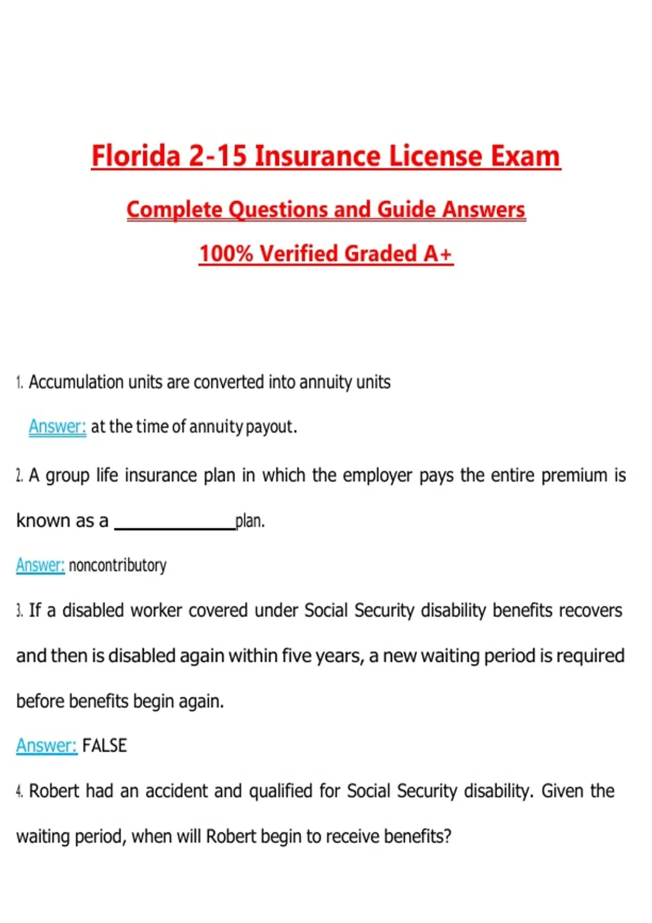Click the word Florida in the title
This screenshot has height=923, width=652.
click(135, 156)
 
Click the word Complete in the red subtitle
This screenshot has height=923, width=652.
click(174, 210)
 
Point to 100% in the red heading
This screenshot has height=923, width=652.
click(226, 254)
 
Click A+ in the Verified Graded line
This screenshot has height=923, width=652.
click(438, 254)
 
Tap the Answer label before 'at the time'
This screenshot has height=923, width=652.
click(57, 427)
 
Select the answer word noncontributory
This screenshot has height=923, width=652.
click(117, 566)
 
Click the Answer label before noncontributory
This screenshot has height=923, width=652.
click(40, 565)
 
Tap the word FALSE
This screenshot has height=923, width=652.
click(104, 745)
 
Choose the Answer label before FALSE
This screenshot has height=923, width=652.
click(46, 745)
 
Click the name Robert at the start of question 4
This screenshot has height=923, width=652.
click(54, 791)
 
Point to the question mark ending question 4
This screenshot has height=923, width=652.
click(448, 836)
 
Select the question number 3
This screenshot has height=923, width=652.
click(19, 611)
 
